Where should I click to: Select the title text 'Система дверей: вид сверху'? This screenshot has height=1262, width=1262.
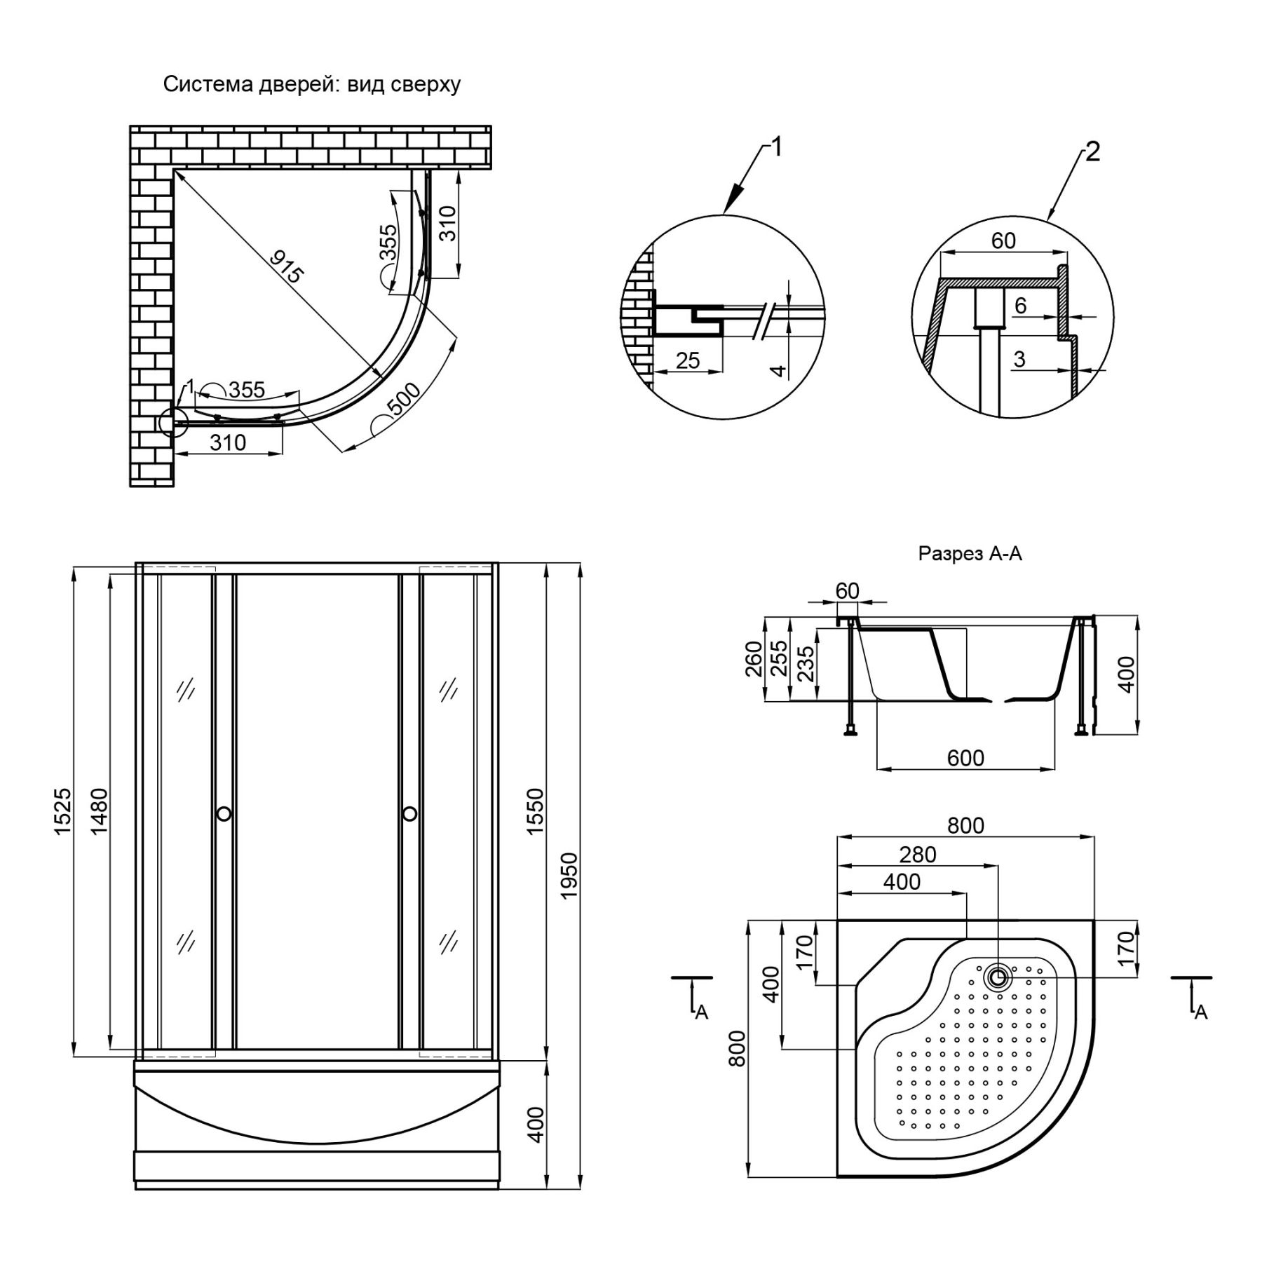coord(312,85)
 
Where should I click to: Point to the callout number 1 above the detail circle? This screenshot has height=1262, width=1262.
coord(775,147)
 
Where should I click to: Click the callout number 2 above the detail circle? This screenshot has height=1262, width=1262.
coord(1092,152)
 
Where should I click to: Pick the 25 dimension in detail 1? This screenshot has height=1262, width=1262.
coord(688,360)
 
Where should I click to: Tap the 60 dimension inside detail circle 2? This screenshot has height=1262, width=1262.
coord(1003,240)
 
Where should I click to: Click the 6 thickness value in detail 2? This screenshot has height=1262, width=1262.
coord(1020,305)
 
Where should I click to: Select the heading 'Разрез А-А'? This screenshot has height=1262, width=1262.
coord(970,554)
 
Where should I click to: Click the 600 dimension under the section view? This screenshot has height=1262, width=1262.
coord(965,758)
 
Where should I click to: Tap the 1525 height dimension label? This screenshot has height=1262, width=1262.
coord(62,811)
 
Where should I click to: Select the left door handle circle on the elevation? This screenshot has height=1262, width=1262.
coord(224,814)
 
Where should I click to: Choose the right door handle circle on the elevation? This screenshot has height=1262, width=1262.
coord(410,814)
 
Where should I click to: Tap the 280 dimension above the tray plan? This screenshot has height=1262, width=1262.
coord(918,855)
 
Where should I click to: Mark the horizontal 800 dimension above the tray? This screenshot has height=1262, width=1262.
coord(965,825)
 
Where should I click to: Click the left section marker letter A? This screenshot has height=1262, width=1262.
coord(701,1012)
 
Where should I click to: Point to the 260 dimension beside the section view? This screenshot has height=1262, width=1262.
coord(754,658)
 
